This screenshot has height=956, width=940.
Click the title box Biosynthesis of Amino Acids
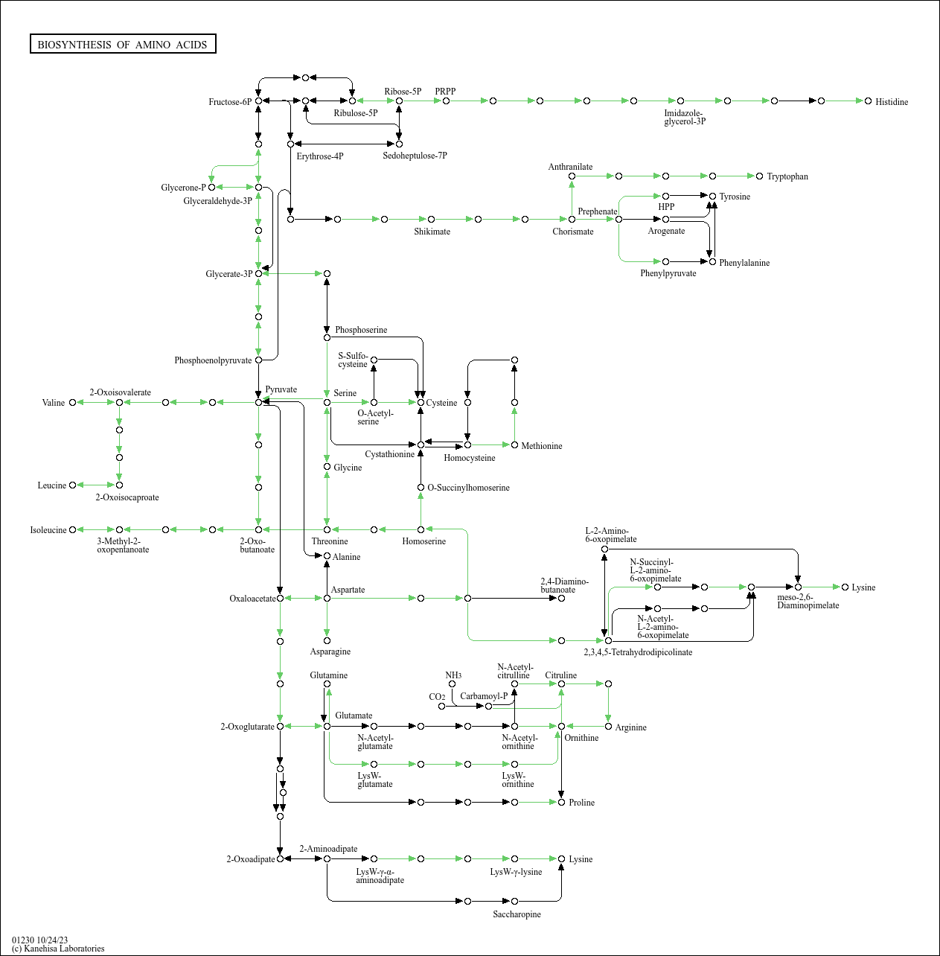click(x=123, y=45)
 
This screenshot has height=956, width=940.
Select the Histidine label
click(x=891, y=102)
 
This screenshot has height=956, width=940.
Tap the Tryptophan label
click(x=787, y=176)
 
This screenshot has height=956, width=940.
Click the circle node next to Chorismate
click(x=572, y=219)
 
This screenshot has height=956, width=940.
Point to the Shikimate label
click(x=432, y=232)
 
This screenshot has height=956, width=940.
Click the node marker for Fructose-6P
click(x=258, y=101)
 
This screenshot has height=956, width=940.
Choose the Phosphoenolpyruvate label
click(x=213, y=360)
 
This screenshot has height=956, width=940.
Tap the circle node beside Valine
click(x=72, y=403)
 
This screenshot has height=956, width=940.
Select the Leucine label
click(x=52, y=485)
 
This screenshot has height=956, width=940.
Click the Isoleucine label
click(x=48, y=530)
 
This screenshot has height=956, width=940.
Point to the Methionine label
click(x=541, y=446)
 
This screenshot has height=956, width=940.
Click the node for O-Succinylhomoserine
click(x=421, y=488)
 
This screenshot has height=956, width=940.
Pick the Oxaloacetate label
click(x=252, y=599)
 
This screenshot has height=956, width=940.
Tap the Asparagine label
click(x=330, y=651)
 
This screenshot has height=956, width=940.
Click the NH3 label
click(x=453, y=675)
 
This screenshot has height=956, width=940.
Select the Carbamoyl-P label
click(x=484, y=696)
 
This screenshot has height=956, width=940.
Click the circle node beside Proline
click(x=561, y=802)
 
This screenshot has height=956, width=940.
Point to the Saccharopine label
click(x=517, y=914)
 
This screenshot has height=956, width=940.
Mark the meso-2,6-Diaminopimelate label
click(x=808, y=601)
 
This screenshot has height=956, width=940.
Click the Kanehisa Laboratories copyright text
click(x=58, y=949)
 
